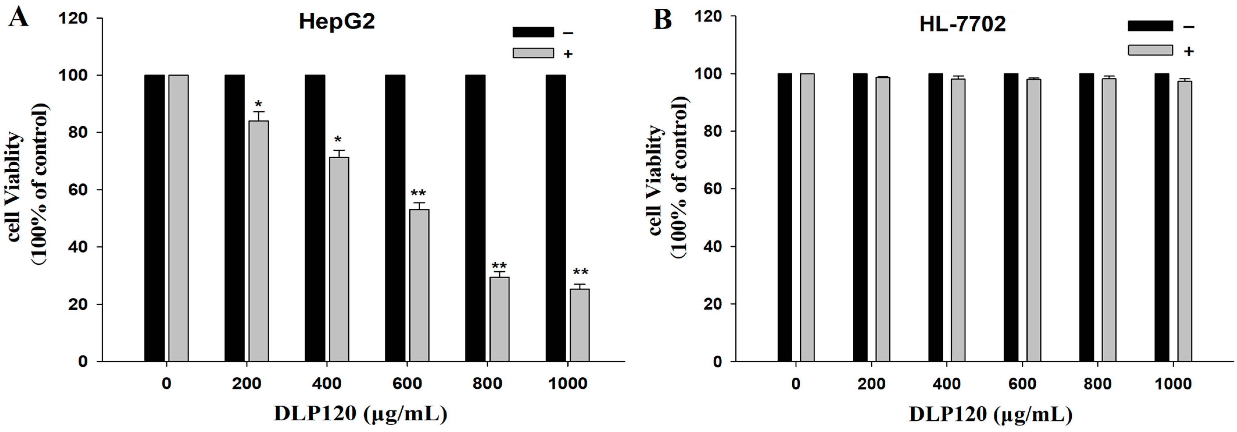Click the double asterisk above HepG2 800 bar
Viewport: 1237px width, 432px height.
click(499, 266)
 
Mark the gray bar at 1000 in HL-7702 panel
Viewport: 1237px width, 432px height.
click(1185, 221)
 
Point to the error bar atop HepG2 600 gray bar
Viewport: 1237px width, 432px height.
click(419, 205)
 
